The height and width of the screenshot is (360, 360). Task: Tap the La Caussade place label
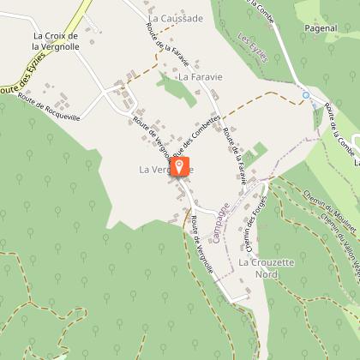click(176, 18)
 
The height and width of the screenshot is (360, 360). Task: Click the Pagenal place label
click(320, 28)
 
